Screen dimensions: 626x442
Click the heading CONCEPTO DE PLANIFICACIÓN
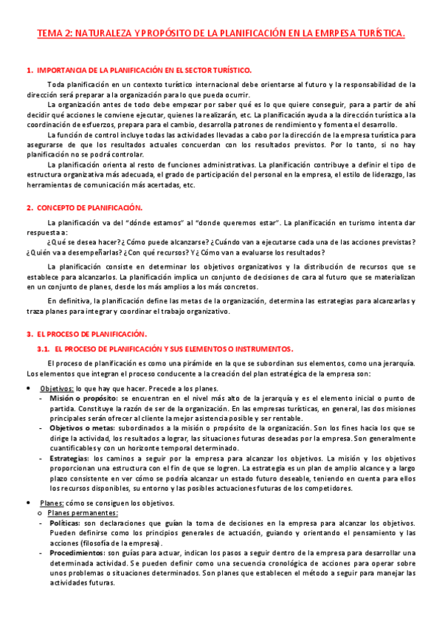(x=89, y=208)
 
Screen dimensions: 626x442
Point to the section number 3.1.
(x=43, y=348)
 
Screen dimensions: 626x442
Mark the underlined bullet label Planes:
(x=53, y=503)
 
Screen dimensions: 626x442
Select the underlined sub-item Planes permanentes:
(x=83, y=512)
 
